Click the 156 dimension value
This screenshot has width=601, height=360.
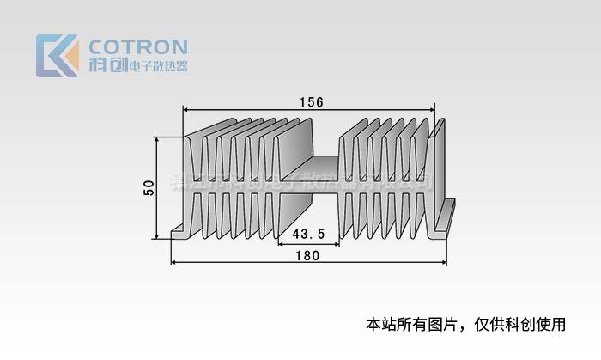(x=311, y=101)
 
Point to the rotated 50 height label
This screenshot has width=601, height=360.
(x=148, y=188)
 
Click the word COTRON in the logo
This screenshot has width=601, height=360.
(x=137, y=46)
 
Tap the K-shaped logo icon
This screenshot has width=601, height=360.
(x=57, y=56)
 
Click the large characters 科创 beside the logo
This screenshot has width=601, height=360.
(x=106, y=65)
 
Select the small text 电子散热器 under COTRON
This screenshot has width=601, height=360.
(x=156, y=66)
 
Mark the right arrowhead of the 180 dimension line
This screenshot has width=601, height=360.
(x=446, y=262)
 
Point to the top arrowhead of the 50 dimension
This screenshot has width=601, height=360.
(x=156, y=139)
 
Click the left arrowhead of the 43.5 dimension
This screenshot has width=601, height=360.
(x=282, y=244)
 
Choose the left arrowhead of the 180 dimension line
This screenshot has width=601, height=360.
(x=174, y=262)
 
